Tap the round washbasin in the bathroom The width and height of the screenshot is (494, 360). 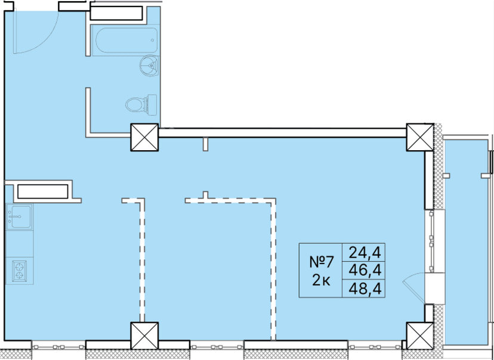149,65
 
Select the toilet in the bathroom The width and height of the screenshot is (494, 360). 140,105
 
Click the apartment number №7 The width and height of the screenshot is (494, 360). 321,262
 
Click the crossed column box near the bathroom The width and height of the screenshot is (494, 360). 144,137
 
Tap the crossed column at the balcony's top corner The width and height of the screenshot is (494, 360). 419,137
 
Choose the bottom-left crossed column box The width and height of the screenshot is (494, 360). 144,336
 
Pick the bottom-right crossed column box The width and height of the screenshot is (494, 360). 419,336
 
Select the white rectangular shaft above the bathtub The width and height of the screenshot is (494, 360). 116,13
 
